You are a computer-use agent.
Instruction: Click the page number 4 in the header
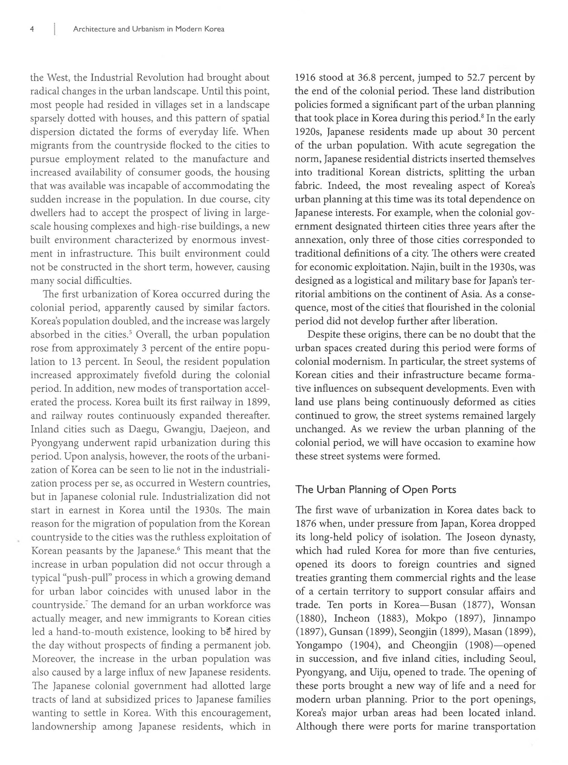pos(33,29)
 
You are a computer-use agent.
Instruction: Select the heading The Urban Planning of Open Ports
pos(376,489)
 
